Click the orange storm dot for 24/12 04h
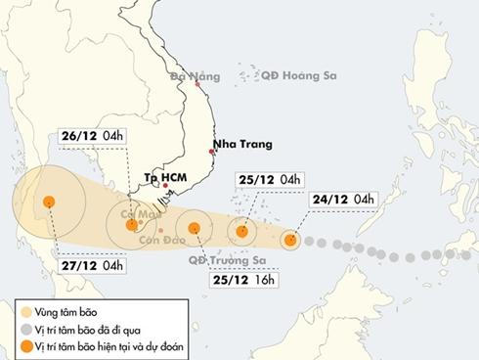[x=290, y=239]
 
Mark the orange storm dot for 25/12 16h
[x=196, y=230]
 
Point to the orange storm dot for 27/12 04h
[x=48, y=202]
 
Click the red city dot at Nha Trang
[x=213, y=151]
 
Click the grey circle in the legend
[x=14, y=329]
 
